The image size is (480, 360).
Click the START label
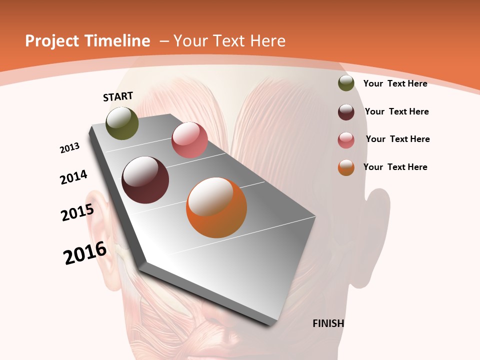click(x=118, y=96)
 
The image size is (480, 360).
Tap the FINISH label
click(x=328, y=323)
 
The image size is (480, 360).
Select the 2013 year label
click(x=70, y=147)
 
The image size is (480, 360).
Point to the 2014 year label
click(x=74, y=177)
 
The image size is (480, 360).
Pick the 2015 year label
click(x=77, y=212)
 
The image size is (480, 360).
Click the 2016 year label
click(x=85, y=253)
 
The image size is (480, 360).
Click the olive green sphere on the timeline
click(x=122, y=123)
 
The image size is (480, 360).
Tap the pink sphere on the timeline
click(x=189, y=140)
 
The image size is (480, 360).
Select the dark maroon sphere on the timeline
click(x=145, y=180)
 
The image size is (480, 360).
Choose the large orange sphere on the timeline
click(x=216, y=207)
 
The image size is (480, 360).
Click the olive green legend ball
click(x=346, y=83)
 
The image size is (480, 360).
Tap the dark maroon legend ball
click(x=346, y=112)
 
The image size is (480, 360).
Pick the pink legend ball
click(x=346, y=140)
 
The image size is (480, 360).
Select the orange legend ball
click(x=346, y=168)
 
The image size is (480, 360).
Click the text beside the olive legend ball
click(x=395, y=83)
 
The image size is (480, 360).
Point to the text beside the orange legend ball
click(x=395, y=167)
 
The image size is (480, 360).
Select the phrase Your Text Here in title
click(x=229, y=41)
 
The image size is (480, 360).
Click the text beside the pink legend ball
click(x=397, y=139)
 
